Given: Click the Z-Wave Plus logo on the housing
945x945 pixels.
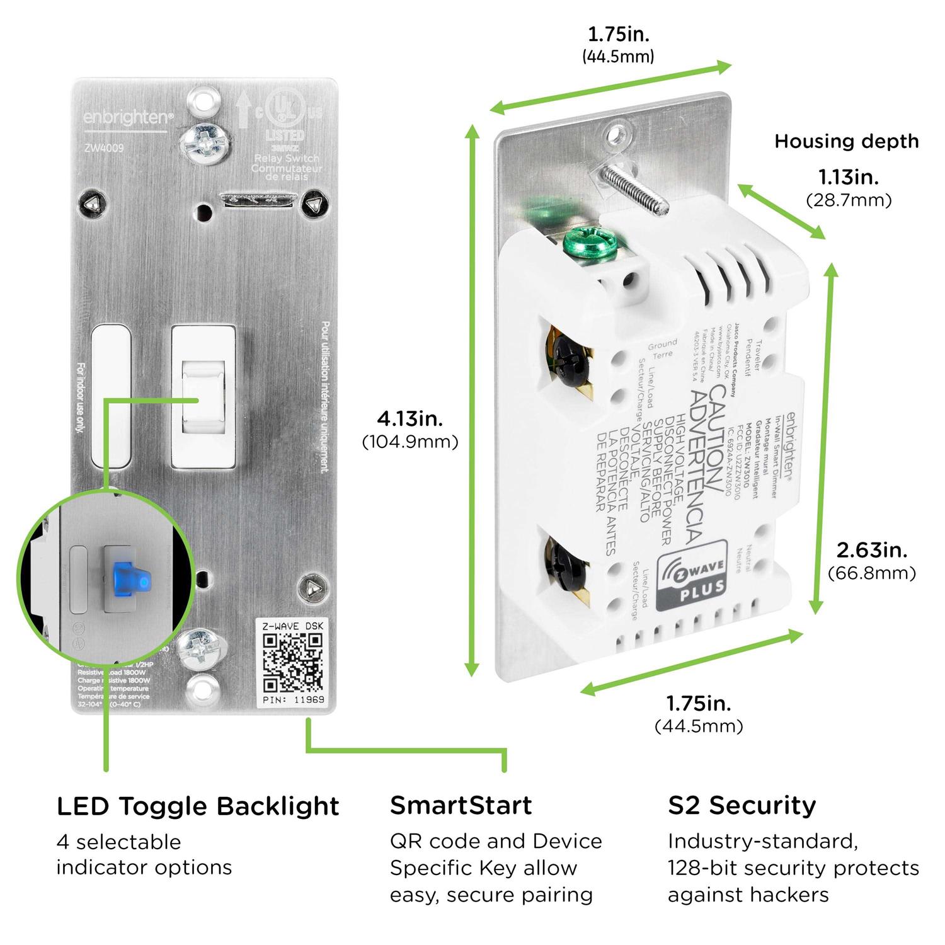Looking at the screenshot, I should [692, 576].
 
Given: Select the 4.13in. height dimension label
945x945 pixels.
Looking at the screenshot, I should [409, 418].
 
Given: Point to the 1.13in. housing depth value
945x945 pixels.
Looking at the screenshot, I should [848, 177].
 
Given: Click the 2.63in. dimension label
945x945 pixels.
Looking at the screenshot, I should [871, 550].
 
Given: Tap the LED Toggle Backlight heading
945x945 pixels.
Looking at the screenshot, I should [198, 806].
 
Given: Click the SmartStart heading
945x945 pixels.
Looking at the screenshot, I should [461, 805].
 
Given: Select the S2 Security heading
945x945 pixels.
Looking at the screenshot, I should [742, 805].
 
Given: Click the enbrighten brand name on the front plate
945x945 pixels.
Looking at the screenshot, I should [120, 117].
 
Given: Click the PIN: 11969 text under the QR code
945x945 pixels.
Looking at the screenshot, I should [293, 700].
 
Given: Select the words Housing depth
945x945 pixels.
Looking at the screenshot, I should [846, 141].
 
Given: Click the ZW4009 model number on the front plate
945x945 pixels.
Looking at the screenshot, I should [104, 149].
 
